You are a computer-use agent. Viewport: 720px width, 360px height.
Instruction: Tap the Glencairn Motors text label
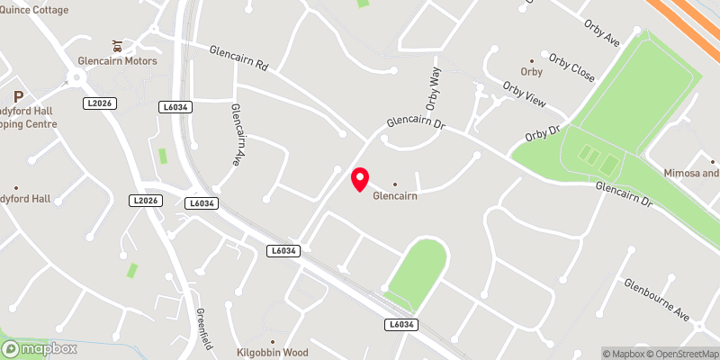pos(118,61)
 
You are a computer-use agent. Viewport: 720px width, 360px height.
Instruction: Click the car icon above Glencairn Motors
pos(116,45)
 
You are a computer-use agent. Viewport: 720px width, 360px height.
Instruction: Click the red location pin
pos(360,179)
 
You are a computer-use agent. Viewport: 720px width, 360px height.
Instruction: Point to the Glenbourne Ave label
pos(658,301)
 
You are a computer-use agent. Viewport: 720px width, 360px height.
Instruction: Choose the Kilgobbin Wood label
pos(272,352)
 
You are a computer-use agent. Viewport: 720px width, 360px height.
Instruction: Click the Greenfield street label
pos(204,328)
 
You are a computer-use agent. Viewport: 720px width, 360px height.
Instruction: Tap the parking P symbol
pos(16,96)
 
